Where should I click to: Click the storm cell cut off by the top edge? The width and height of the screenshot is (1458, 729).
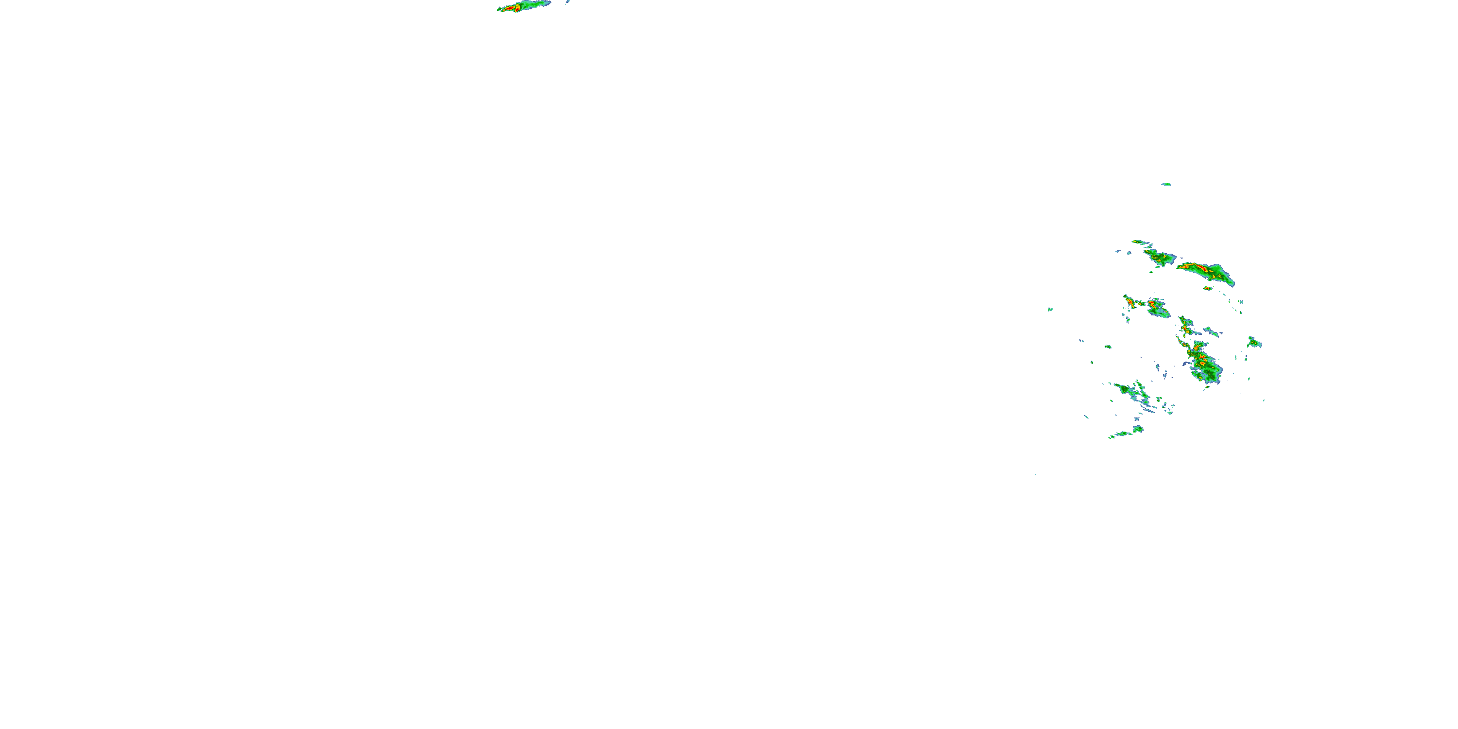click(523, 6)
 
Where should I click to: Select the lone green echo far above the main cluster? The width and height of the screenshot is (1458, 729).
click(1166, 184)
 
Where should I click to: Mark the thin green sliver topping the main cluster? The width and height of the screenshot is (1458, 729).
click(1138, 242)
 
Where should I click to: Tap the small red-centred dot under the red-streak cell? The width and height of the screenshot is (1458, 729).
click(1207, 288)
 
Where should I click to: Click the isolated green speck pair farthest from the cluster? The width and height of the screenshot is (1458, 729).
click(1050, 310)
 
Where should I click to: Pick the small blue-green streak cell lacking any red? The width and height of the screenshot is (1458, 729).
click(1211, 331)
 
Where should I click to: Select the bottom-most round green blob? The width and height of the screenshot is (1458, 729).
click(1138, 429)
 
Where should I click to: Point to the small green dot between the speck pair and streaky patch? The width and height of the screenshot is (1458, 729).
click(1108, 347)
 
